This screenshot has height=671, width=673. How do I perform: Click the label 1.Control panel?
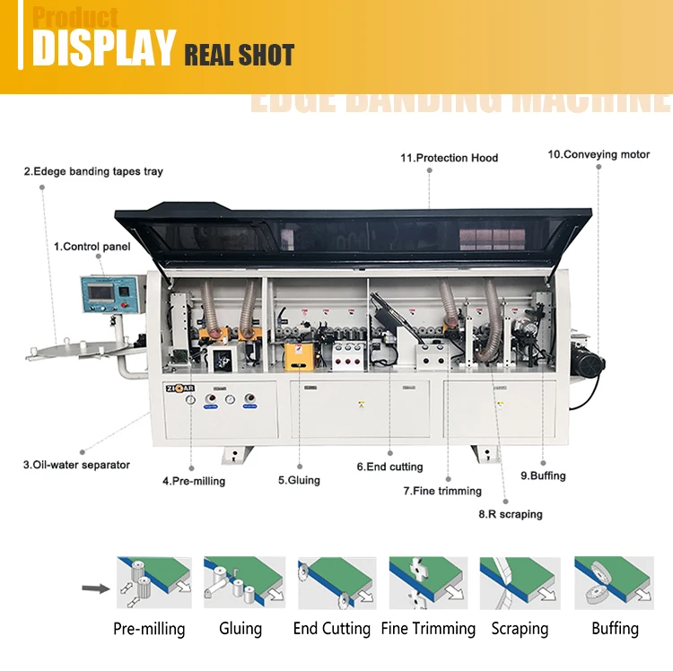[92, 246]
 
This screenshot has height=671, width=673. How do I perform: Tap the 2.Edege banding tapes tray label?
[93, 171]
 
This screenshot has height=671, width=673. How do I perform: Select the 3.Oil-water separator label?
[76, 465]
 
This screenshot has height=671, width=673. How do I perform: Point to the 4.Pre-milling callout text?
[194, 481]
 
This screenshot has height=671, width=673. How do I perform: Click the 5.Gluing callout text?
[299, 480]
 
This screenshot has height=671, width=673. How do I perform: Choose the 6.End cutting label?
[389, 466]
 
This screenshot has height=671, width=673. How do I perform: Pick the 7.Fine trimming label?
[442, 491]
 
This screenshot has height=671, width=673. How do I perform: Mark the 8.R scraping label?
[510, 514]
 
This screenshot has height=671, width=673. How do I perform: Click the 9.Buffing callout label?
[543, 475]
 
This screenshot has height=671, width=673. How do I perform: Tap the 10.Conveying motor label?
[599, 154]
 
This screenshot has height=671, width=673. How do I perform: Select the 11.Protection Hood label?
[449, 158]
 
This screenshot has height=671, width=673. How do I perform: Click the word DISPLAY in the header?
[104, 48]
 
